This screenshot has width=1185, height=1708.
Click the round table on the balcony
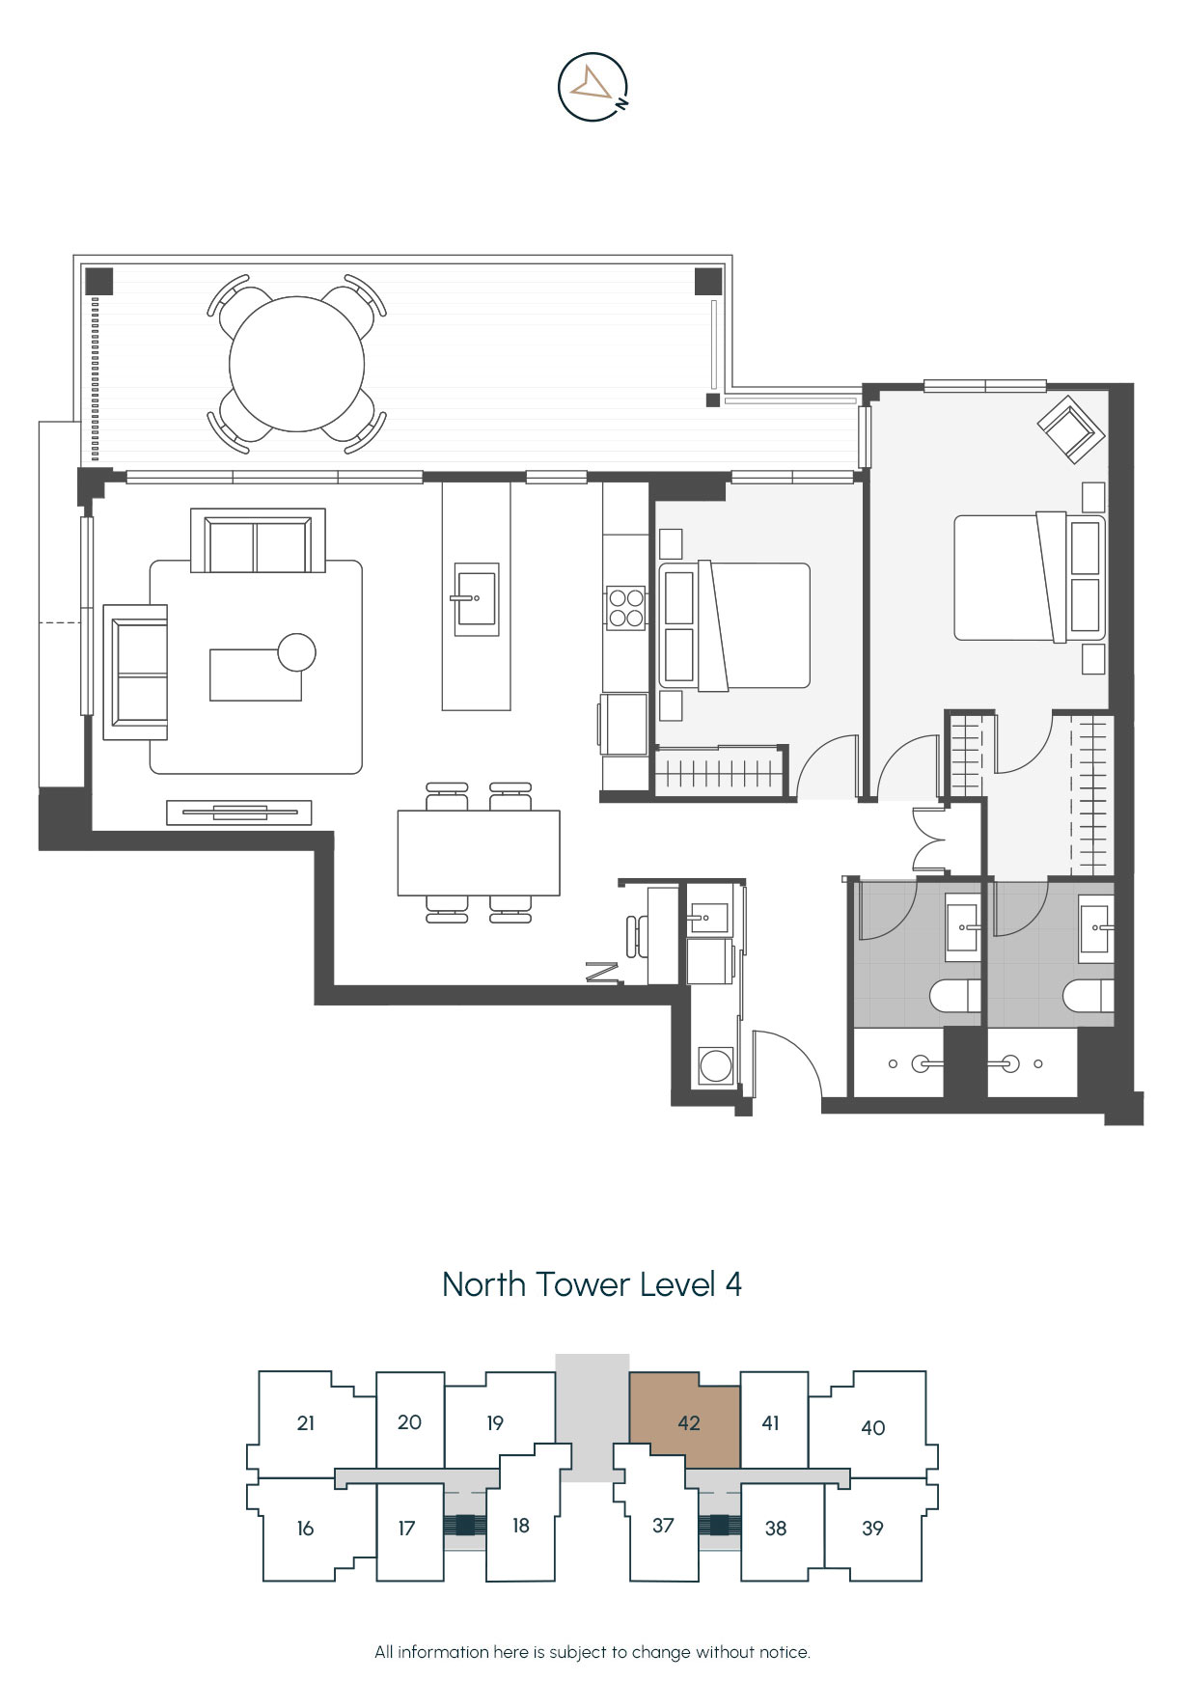click(x=296, y=363)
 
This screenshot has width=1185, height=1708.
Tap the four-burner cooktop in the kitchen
click(x=625, y=608)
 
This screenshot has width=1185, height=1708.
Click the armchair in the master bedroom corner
click(x=1070, y=428)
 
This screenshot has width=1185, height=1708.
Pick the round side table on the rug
click(x=296, y=653)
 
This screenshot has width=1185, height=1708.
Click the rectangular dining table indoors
click(x=479, y=853)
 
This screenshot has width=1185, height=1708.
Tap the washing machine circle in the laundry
click(x=716, y=1066)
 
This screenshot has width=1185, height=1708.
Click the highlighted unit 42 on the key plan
click(x=686, y=1421)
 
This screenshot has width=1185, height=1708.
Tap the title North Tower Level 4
click(x=592, y=1284)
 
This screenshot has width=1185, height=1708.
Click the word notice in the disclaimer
click(x=784, y=1652)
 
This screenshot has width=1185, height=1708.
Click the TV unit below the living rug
click(x=239, y=813)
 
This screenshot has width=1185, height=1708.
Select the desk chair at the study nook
click(x=633, y=936)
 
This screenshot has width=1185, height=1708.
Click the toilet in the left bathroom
click(x=955, y=996)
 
